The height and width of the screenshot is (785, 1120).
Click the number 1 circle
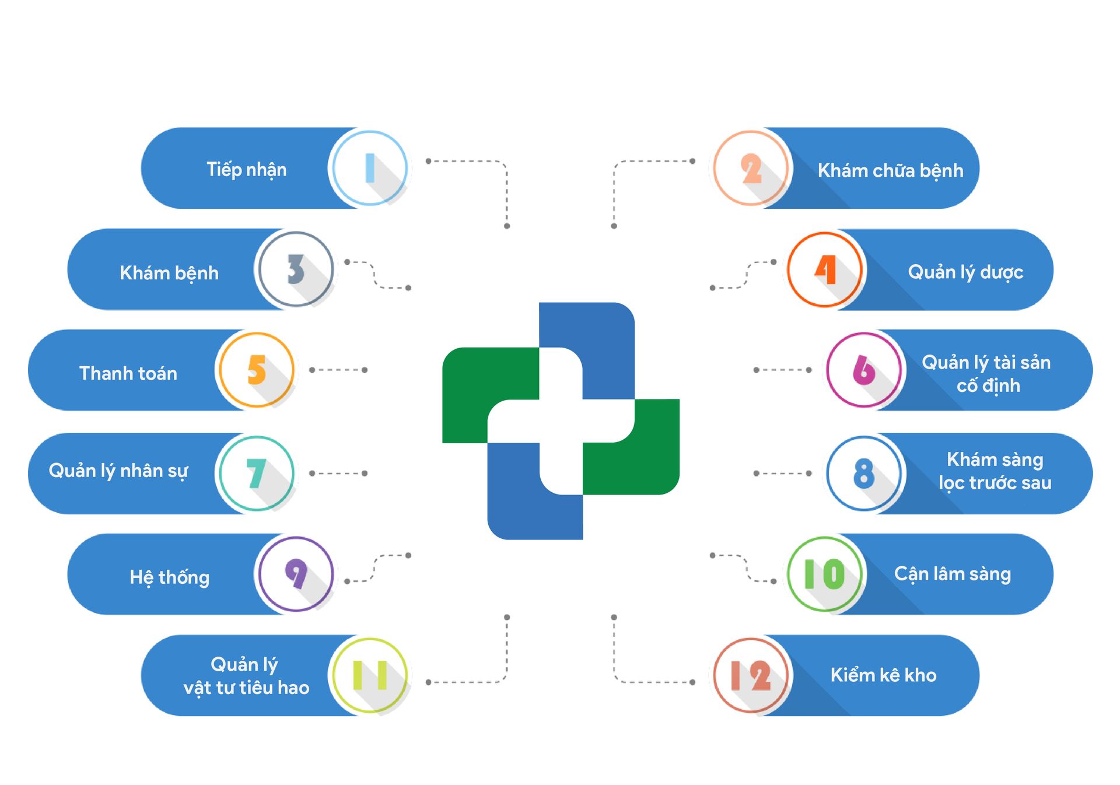(x=369, y=168)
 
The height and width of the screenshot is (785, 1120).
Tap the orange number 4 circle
(x=825, y=269)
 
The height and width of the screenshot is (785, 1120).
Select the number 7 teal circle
(x=257, y=473)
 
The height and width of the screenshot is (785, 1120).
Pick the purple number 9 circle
(x=296, y=574)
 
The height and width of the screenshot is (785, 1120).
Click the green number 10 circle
(x=824, y=574)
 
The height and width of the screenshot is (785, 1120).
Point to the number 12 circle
(x=751, y=675)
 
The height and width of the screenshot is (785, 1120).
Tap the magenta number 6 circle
(x=864, y=370)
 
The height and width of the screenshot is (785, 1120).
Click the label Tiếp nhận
(x=246, y=170)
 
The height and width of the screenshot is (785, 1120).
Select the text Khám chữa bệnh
(x=890, y=170)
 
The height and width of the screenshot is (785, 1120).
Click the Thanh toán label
(x=128, y=373)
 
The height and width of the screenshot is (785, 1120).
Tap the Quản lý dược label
(x=965, y=272)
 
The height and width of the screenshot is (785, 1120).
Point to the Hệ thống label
(x=169, y=577)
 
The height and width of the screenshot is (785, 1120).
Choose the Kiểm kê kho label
(x=883, y=675)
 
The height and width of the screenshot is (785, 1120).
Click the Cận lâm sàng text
(x=952, y=574)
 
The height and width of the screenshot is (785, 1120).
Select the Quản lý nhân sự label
(x=118, y=471)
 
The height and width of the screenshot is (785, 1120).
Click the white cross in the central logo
(x=561, y=421)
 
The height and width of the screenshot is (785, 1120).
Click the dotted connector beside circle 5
(x=338, y=370)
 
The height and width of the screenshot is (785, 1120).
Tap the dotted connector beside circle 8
(x=782, y=473)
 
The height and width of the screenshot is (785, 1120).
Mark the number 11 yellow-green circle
(x=369, y=675)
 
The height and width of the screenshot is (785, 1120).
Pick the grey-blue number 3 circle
(x=296, y=269)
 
